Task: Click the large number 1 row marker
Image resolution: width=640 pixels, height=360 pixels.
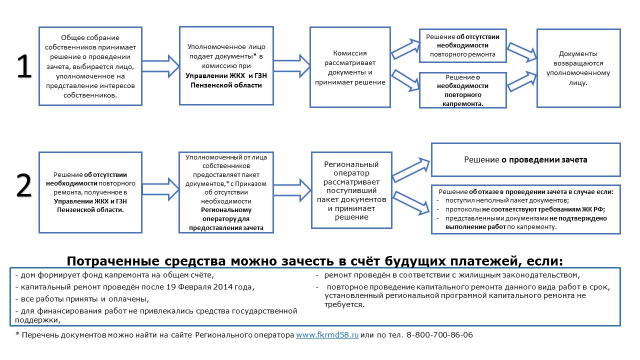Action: [x=24, y=67]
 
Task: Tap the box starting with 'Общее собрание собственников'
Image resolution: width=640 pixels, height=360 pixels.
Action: [x=90, y=66]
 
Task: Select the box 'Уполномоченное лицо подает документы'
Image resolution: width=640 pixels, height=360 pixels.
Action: [x=226, y=65]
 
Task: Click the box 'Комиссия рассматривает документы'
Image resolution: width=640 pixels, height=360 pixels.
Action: [x=350, y=67]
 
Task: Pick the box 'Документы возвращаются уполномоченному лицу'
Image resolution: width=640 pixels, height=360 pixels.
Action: [x=578, y=68]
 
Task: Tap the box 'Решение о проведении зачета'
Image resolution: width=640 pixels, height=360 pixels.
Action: [x=525, y=160]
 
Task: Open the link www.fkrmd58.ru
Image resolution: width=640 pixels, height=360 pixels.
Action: [x=327, y=335]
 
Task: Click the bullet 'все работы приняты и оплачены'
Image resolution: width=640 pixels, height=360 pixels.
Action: [x=82, y=299]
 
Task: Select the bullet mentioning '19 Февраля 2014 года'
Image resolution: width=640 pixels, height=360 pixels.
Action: [x=135, y=287]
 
